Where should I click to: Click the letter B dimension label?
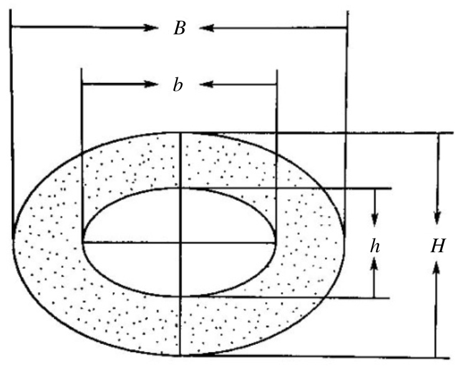[179, 29]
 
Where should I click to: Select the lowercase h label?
[374, 247]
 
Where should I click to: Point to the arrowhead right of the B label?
[206, 27]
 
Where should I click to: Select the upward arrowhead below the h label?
[374, 265]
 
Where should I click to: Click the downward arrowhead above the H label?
[437, 218]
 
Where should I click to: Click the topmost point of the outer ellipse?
[180, 132]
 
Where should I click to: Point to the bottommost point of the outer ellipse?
[180, 357]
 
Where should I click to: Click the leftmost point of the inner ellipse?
[82, 241]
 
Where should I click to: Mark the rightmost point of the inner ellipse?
[276, 241]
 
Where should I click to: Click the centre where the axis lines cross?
[180, 242]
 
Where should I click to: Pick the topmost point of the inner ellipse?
[180, 188]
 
